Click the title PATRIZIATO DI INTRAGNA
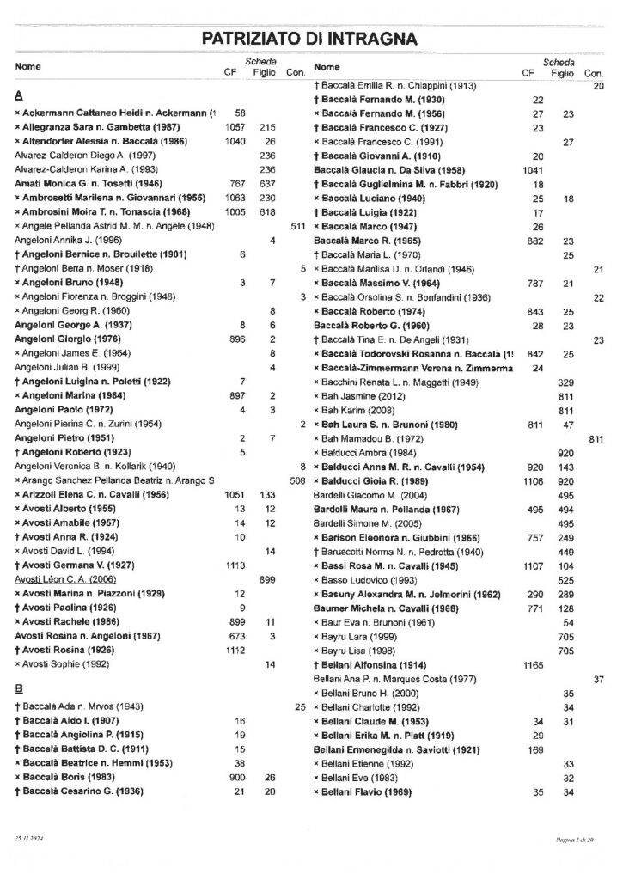310,38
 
